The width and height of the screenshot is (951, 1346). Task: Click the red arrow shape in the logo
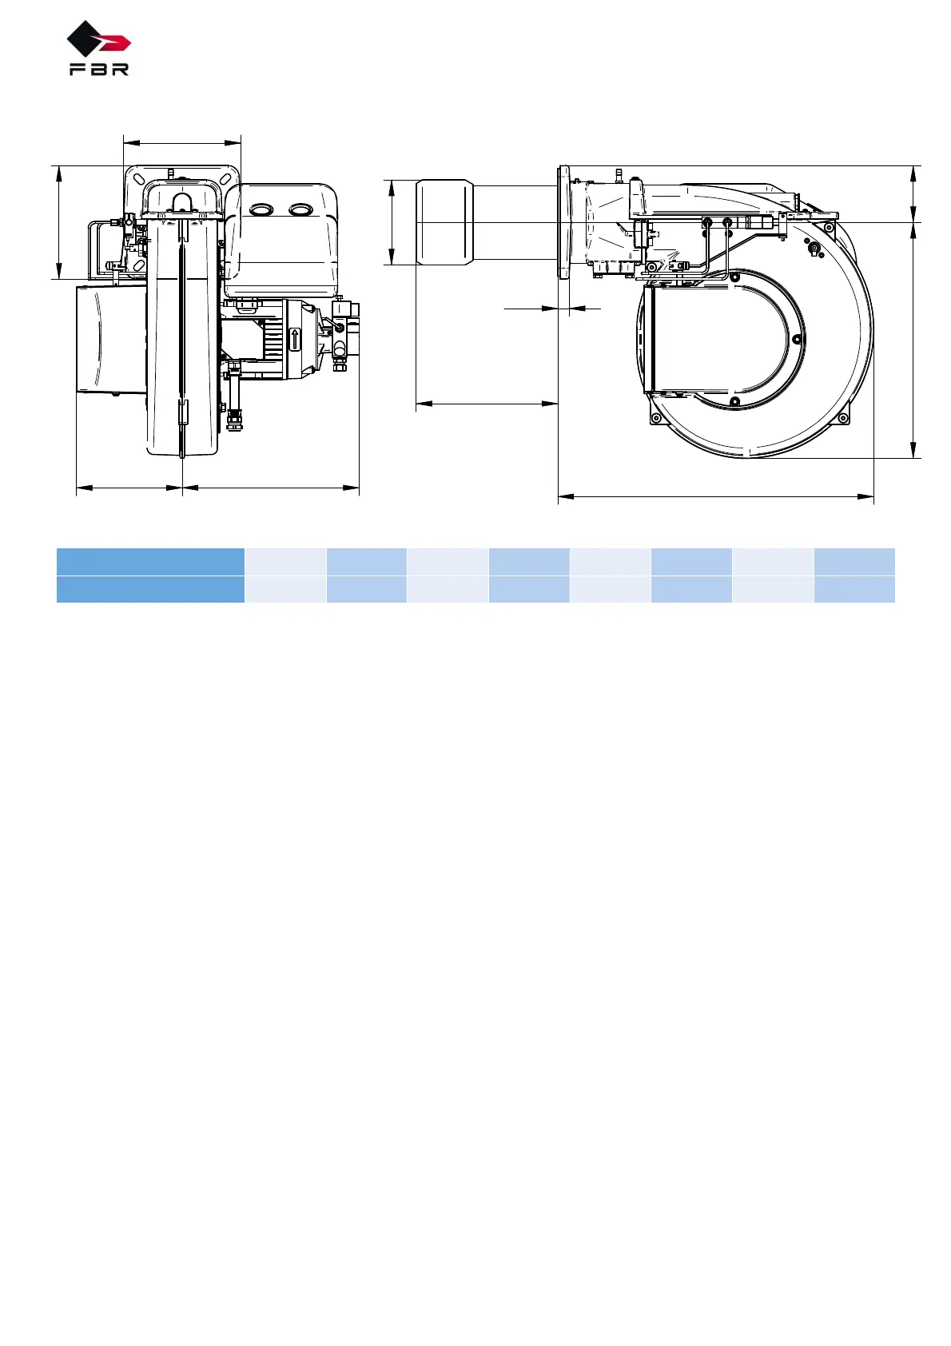[x=115, y=43]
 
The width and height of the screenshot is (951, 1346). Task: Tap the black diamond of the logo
[x=84, y=38]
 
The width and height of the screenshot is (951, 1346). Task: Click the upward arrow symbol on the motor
[x=295, y=340]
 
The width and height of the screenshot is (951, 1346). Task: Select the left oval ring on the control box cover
[x=261, y=209]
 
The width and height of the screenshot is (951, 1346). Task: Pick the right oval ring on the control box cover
[x=300, y=209]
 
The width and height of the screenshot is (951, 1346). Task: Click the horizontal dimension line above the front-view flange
[x=182, y=143]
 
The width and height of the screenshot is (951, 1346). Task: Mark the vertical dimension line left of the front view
[x=59, y=222]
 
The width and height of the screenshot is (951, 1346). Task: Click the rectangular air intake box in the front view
[x=111, y=340]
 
